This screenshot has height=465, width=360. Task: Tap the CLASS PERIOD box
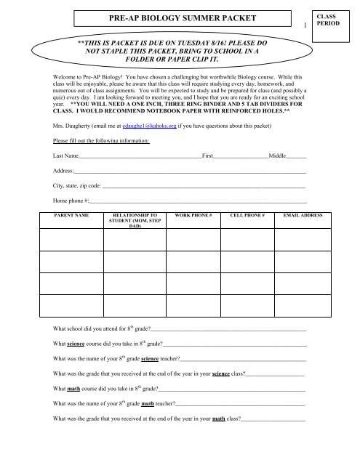(335, 23)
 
